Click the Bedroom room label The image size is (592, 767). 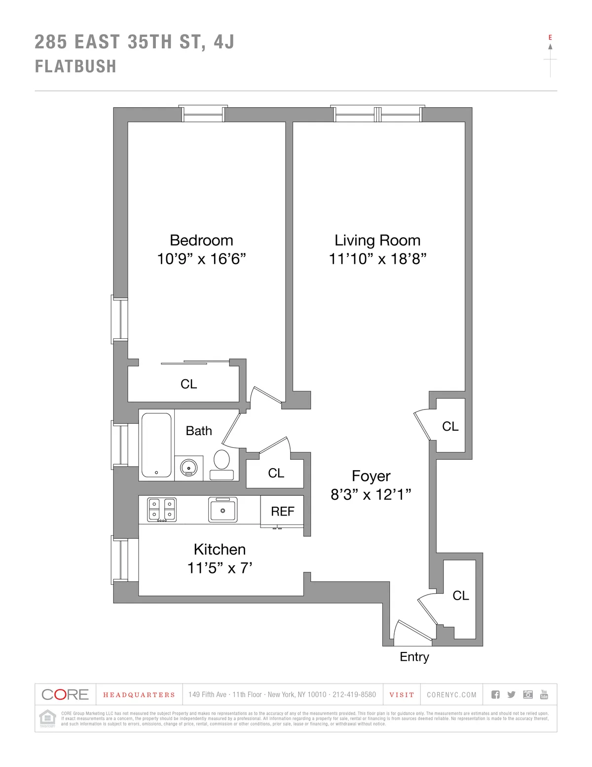[x=201, y=241]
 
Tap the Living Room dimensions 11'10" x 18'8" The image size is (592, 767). [x=377, y=259]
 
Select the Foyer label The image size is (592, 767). [x=371, y=476]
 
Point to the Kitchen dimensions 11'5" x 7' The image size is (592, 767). [x=220, y=568]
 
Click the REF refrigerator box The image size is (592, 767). [x=282, y=511]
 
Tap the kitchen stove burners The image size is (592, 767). [x=162, y=510]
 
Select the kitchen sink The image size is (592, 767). [x=222, y=510]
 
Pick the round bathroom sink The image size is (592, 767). [x=188, y=467]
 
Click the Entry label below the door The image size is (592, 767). [x=414, y=657]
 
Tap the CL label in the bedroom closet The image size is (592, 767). [x=188, y=384]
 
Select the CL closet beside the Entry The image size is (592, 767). [x=460, y=596]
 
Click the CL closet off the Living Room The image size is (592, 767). [x=450, y=426]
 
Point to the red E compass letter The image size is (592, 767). [x=550, y=38]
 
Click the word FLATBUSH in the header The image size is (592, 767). [x=75, y=66]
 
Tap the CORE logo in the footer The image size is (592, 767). [x=65, y=694]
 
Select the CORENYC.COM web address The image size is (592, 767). [x=451, y=695]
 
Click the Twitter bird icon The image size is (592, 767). [x=512, y=695]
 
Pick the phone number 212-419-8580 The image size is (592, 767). [x=354, y=695]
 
